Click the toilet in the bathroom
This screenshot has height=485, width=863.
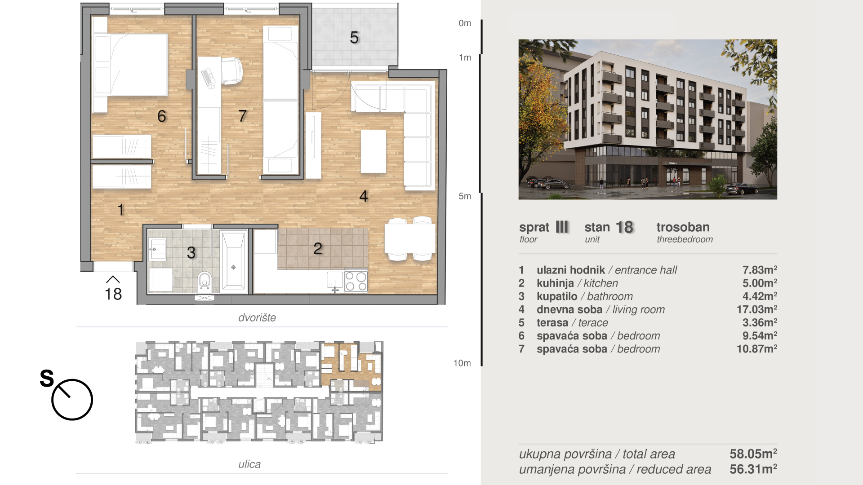coord(205,281)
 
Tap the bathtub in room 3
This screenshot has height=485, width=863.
coord(234,261)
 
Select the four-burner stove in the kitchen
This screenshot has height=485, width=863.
coord(356,281)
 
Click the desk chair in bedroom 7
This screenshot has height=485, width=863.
coord(231,71)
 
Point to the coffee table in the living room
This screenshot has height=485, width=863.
coord(373,151)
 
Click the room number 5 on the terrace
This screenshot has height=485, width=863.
coord(354,37)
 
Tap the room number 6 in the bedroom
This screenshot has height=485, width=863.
coord(162,116)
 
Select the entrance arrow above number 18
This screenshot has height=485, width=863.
coord(113,279)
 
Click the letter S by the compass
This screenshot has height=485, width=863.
coord(47,378)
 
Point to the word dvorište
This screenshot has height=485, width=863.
coord(257,317)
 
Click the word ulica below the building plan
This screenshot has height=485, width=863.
coord(249,464)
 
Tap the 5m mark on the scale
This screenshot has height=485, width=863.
coord(465,196)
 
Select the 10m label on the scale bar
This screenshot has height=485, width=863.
coord(462,363)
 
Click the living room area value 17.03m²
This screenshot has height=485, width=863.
coord(757,309)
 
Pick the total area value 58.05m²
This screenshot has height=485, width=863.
coord(753,454)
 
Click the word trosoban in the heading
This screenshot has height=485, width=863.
coord(683,227)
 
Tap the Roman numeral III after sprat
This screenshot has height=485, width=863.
coord(562,227)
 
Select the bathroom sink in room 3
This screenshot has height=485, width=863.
coord(158,249)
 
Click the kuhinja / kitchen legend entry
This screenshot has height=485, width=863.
coord(577,283)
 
